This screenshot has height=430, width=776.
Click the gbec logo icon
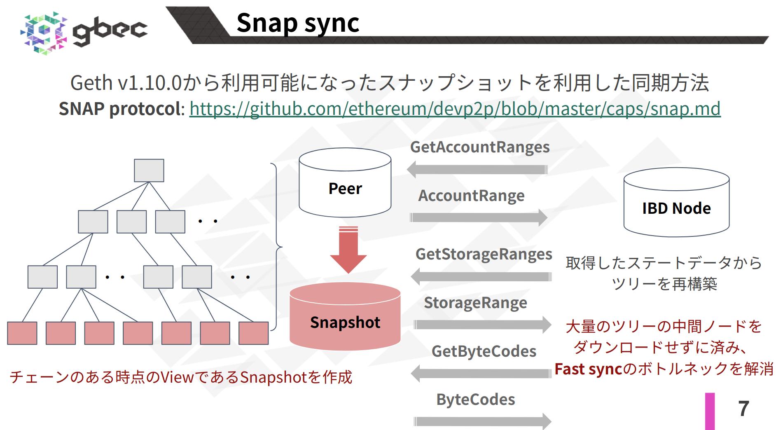(44, 33)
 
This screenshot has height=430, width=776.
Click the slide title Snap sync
(298, 23)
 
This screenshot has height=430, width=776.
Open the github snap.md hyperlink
(455, 109)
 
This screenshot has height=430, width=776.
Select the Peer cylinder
(345, 183)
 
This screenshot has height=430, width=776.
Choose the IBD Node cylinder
(676, 203)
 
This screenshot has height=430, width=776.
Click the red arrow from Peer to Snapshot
(348, 250)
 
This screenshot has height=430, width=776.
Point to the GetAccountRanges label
(480, 147)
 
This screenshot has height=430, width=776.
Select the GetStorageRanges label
(484, 255)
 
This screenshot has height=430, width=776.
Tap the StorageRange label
(475, 303)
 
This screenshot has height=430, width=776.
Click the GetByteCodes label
(484, 352)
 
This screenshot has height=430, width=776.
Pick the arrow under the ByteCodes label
(482, 421)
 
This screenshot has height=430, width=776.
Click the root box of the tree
(149, 171)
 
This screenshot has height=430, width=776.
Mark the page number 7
(743, 409)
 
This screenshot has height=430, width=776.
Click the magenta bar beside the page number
(710, 411)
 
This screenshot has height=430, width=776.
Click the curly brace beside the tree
(276, 247)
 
